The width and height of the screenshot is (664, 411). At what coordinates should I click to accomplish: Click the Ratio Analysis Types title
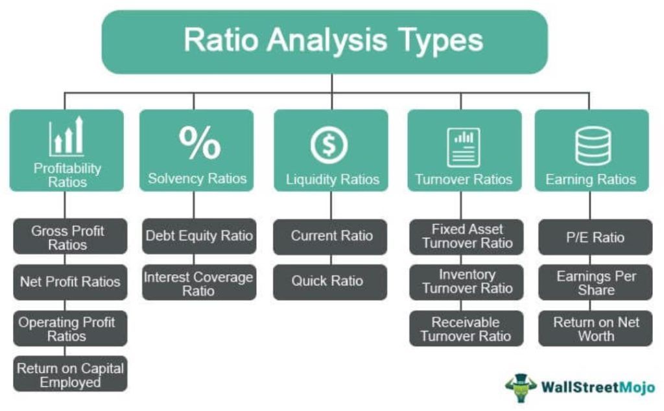[333, 40]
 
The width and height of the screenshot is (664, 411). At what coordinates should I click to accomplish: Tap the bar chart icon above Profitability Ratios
[67, 137]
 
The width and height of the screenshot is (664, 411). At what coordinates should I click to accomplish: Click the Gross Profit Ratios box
[68, 237]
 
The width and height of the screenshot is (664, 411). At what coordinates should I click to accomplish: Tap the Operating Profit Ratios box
[68, 329]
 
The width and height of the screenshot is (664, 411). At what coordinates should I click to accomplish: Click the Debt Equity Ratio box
[199, 235]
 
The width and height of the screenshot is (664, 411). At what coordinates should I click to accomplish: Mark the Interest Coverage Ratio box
[198, 283]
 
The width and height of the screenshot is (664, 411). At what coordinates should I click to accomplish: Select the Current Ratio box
[331, 236]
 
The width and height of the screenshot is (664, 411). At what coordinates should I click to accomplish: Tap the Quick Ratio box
[331, 281]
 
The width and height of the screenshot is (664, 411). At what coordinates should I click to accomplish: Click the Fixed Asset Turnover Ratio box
[466, 236]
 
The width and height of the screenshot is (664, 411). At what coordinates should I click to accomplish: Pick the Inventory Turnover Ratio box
[466, 281]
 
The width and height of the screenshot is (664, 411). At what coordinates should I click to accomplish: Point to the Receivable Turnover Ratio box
[466, 329]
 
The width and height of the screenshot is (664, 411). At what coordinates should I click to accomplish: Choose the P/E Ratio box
[595, 237]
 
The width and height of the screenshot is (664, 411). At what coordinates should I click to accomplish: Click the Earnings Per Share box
[595, 283]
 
